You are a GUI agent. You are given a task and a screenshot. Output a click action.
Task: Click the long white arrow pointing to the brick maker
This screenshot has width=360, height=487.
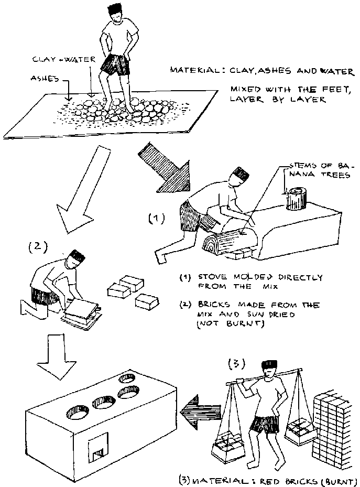point(84,189)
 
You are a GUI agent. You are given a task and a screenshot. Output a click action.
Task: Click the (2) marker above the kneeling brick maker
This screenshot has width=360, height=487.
point(36,245)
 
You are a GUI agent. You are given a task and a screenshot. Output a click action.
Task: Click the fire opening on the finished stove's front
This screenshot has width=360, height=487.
point(98,449)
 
